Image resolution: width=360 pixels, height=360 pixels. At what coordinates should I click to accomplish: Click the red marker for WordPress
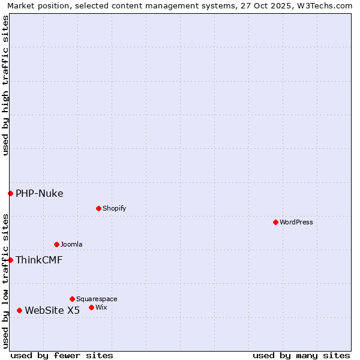click(x=275, y=222)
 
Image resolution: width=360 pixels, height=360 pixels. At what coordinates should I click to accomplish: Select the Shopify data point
click(x=98, y=208)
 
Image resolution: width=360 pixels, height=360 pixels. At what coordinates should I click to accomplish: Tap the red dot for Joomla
click(x=56, y=244)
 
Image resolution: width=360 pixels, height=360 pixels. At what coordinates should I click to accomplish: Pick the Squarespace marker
click(x=72, y=299)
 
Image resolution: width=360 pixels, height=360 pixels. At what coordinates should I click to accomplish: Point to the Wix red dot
click(x=91, y=307)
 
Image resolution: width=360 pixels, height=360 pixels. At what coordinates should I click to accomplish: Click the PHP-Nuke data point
click(x=10, y=193)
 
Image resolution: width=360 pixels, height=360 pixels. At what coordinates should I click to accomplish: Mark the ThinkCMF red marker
click(x=10, y=260)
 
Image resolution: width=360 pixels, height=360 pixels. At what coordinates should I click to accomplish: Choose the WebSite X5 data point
click(x=19, y=310)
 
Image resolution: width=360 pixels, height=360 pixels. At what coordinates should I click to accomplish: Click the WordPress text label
click(x=296, y=222)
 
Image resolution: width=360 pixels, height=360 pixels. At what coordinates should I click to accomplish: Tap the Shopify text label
click(x=114, y=208)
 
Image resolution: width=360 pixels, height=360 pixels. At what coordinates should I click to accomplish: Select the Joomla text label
click(x=71, y=244)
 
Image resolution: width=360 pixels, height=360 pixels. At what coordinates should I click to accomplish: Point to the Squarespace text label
click(x=97, y=299)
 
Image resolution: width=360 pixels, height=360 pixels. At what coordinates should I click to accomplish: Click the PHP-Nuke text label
click(x=40, y=193)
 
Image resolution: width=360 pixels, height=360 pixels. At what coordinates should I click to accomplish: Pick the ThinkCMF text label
click(x=39, y=260)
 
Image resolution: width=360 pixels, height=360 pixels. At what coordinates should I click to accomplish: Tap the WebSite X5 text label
click(x=52, y=310)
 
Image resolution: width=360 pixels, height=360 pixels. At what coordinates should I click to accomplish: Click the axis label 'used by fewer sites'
click(x=62, y=355)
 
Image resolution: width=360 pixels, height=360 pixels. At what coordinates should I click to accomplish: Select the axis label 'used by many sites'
click(x=301, y=355)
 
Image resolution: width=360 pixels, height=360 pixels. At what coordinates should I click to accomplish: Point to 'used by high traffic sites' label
click(x=5, y=85)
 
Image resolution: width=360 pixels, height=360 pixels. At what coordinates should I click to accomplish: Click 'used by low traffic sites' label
click(x=5, y=280)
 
